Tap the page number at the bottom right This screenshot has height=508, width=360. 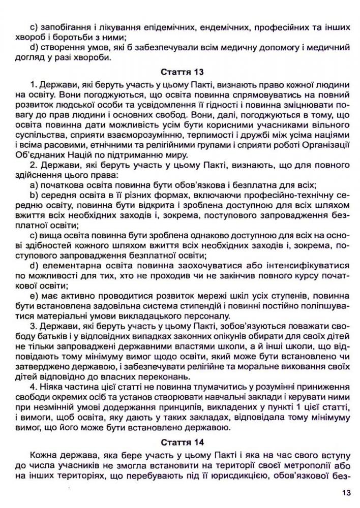pos(347,492)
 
